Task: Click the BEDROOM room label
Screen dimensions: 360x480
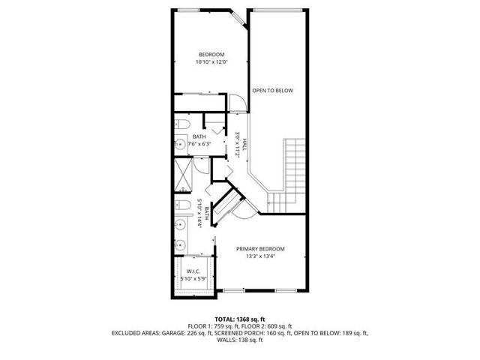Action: [x=211, y=54]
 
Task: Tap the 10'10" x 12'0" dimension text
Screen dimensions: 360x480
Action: [x=211, y=62]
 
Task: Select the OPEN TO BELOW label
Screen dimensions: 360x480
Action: [x=272, y=91]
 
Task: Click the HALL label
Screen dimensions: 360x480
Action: [x=244, y=142]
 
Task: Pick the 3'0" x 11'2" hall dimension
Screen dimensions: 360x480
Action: [x=236, y=143]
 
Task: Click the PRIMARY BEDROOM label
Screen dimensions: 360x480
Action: [x=260, y=249]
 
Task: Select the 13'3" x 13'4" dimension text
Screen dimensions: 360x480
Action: [x=260, y=257]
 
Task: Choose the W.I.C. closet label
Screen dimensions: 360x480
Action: [x=194, y=271]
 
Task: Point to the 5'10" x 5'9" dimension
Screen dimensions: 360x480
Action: [x=194, y=279]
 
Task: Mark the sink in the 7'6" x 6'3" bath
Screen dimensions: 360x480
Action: [x=180, y=143]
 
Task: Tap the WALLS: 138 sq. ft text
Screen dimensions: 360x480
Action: [x=240, y=340]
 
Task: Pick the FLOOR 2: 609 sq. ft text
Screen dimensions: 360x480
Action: [x=271, y=325]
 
